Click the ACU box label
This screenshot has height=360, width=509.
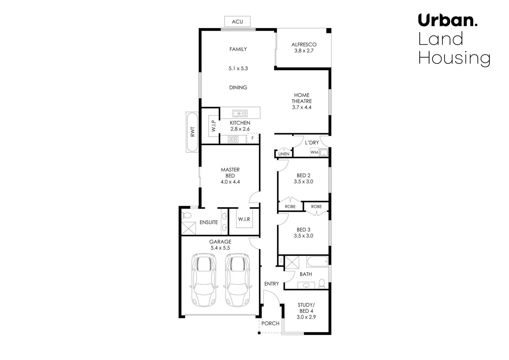pyautogui.click(x=237, y=22)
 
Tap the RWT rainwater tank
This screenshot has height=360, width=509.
pyautogui.click(x=192, y=132)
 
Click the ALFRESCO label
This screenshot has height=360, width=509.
pyautogui.click(x=304, y=44)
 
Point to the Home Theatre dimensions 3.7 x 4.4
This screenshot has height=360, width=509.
pyautogui.click(x=301, y=107)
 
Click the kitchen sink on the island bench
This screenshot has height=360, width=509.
pyautogui.click(x=240, y=113)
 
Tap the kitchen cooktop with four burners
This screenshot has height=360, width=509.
pyautogui.click(x=233, y=139)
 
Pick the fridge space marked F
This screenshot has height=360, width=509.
pyautogui.click(x=253, y=138)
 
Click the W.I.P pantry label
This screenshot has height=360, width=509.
pyautogui.click(x=214, y=126)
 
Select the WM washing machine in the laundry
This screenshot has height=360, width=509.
pyautogui.click(x=314, y=152)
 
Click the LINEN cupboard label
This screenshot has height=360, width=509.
pyautogui.click(x=284, y=154)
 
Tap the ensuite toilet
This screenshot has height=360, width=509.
pyautogui.click(x=187, y=215)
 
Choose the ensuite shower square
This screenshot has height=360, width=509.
pyautogui.click(x=188, y=228)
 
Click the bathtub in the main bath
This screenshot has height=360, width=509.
pyautogui.click(x=317, y=262)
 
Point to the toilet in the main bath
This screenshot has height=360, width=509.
pyautogui.click(x=321, y=283)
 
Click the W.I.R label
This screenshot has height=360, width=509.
pyautogui.click(x=244, y=219)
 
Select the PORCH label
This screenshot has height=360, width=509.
pyautogui.click(x=270, y=323)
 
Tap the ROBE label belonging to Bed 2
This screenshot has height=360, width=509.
pyautogui.click(x=290, y=207)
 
